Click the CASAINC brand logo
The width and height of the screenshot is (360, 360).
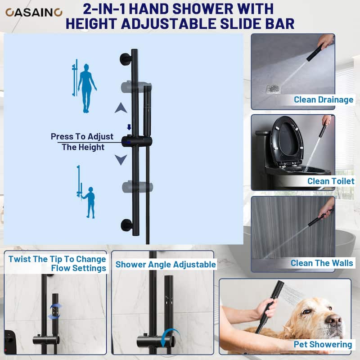[34, 13]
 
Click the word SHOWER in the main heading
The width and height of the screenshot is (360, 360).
[202, 9]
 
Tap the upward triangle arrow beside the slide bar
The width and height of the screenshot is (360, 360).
[121, 108]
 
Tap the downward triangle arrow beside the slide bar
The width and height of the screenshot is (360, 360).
[121, 160]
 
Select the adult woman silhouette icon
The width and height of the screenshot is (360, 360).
[86, 88]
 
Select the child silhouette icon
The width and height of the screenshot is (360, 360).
[90, 202]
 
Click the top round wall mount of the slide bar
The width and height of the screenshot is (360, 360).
[126, 59]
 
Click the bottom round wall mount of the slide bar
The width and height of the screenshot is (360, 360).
[126, 225]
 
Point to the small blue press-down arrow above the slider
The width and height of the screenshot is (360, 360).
[129, 127]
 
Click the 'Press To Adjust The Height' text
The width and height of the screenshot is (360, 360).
[82, 142]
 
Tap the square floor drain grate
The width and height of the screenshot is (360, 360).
[274, 89]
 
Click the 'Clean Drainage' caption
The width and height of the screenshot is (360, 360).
[324, 99]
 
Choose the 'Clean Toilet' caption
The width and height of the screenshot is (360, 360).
[331, 181]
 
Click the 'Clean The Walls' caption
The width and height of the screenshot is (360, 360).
[322, 263]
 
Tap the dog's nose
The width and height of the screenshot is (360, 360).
[334, 319]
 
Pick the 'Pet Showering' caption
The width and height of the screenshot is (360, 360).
[323, 344]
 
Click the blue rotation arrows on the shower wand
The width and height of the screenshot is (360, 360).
[55, 311]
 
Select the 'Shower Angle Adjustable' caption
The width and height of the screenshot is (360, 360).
[166, 265]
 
